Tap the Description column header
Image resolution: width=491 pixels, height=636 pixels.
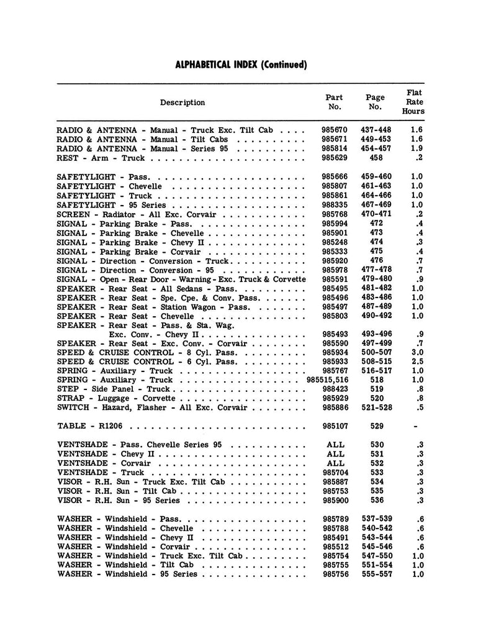pos(182,102)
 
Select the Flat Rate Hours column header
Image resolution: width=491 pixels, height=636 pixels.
pos(413,102)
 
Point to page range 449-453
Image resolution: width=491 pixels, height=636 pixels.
pos(376,140)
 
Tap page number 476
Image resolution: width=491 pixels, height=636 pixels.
pos(376,261)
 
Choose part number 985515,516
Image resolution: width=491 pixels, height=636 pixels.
pos(328,380)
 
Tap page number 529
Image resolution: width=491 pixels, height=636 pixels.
pos(376,427)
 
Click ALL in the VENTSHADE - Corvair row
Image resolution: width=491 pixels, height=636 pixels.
pos(335,463)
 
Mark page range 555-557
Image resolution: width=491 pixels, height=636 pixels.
pos(376,575)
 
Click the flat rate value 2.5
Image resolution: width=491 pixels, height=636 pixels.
pos(417,361)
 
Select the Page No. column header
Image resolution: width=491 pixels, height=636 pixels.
pos(375,102)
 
